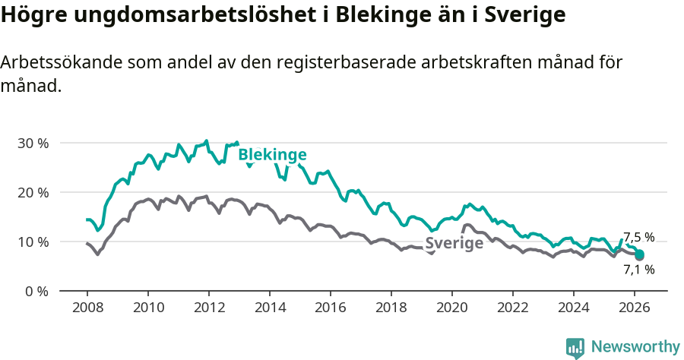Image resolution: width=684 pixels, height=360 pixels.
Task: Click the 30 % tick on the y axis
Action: point(33,144)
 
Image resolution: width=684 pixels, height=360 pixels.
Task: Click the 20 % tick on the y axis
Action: point(33,193)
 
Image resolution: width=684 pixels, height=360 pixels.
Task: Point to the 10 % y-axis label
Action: point(33,242)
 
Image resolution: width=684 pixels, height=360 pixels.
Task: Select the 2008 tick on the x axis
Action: point(87,308)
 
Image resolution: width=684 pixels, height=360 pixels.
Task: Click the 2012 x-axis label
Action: point(209,308)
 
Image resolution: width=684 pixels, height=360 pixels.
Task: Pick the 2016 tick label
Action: point(331,308)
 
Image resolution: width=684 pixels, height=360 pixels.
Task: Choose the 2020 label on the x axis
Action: point(452,308)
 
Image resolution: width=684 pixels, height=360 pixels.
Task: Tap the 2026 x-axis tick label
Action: point(635,308)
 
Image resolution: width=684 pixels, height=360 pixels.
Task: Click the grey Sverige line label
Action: point(454,243)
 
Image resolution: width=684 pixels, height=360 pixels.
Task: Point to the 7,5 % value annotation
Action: point(638,237)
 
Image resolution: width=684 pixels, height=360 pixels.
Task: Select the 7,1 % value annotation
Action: point(638,269)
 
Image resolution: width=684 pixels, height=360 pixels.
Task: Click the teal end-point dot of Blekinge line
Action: point(640,254)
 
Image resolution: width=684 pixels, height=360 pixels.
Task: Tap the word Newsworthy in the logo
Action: point(635,347)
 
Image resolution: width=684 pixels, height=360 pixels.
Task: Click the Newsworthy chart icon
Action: point(575,348)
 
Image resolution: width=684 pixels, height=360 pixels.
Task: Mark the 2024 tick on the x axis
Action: point(574,308)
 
